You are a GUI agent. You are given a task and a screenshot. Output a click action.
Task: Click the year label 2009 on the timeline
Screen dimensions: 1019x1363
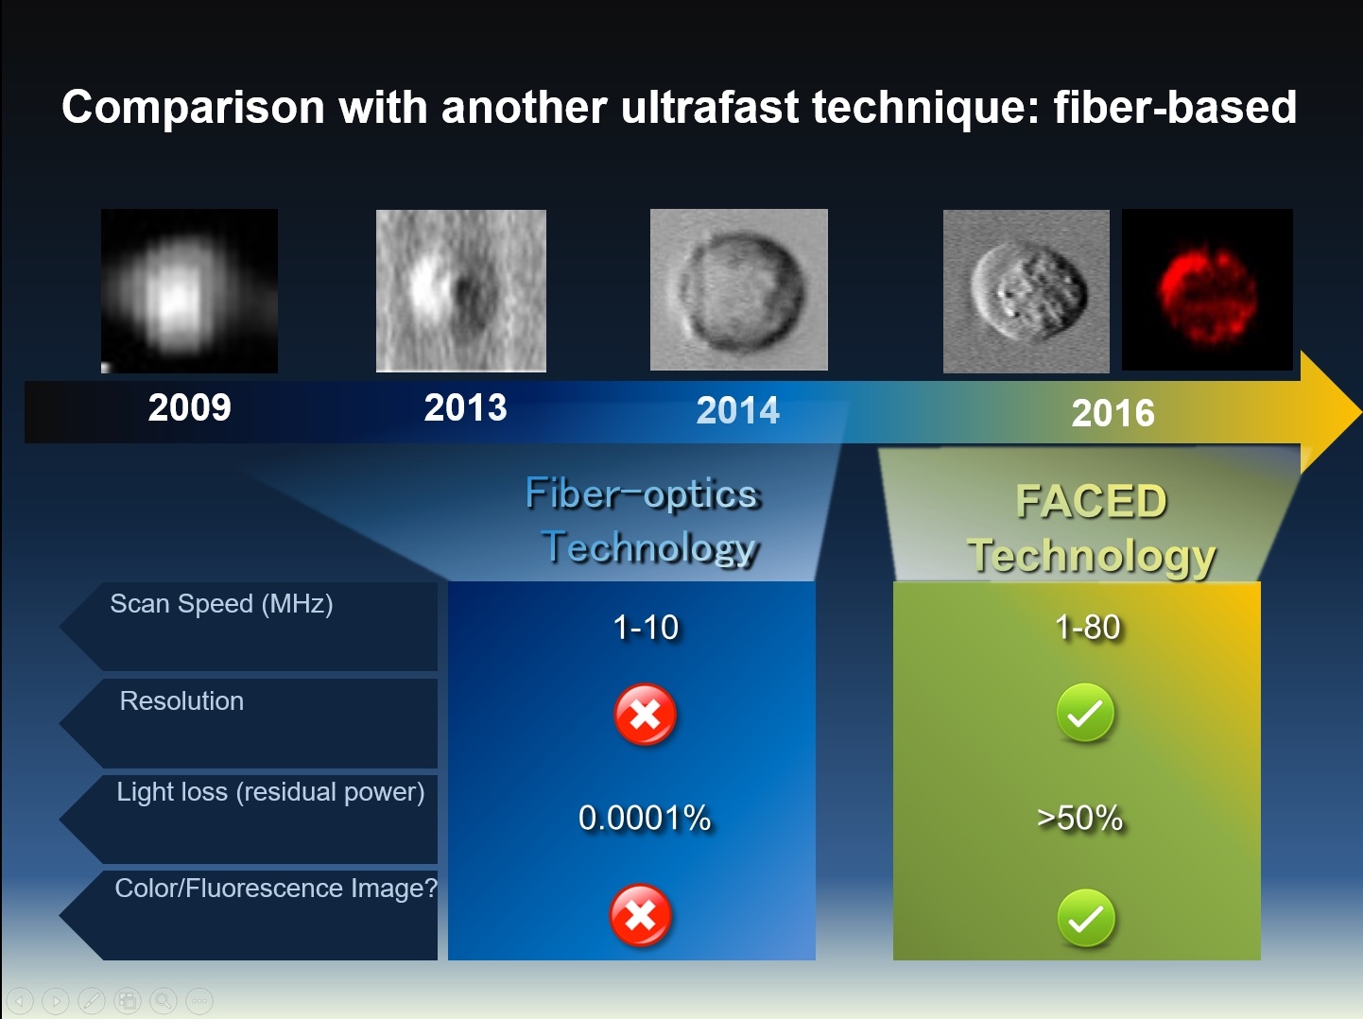click(x=189, y=407)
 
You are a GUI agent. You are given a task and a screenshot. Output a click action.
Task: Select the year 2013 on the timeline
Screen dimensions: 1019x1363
click(x=465, y=407)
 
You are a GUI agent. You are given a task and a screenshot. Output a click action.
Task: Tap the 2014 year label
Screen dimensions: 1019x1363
click(x=737, y=410)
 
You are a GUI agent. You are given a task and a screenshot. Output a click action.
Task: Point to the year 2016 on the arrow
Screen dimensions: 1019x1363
click(x=1113, y=413)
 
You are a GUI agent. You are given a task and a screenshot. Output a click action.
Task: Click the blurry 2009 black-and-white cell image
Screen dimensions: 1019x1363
click(x=189, y=291)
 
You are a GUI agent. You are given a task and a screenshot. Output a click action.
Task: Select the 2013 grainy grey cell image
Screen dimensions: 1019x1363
click(x=461, y=290)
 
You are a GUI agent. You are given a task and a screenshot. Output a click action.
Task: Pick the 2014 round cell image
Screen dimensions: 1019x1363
click(x=738, y=289)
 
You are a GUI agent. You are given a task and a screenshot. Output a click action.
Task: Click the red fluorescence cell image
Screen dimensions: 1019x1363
click(x=1207, y=290)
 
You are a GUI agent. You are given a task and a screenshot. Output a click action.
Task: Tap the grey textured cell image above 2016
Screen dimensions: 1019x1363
click(x=1027, y=291)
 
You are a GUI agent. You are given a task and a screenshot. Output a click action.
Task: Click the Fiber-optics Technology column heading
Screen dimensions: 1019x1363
click(x=643, y=520)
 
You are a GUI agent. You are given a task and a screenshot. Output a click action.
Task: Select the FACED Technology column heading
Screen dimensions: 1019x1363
click(x=1091, y=527)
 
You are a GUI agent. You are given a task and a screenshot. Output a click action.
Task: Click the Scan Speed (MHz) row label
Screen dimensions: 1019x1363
click(x=221, y=604)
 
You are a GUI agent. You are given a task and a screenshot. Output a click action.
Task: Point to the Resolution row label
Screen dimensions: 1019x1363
click(x=181, y=701)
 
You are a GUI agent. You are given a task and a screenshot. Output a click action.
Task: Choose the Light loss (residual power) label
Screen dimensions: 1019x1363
click(x=270, y=792)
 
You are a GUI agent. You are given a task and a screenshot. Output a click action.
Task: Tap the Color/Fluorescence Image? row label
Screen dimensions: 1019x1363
click(x=275, y=889)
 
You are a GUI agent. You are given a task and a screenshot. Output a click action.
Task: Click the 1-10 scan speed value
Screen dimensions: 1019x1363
click(x=646, y=628)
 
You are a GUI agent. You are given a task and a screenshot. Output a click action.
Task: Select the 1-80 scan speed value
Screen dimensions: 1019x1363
click(x=1087, y=628)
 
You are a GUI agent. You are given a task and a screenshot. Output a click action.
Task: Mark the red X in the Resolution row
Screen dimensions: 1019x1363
click(x=645, y=715)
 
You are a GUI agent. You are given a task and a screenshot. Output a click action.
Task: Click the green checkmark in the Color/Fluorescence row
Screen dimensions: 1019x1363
click(x=1085, y=918)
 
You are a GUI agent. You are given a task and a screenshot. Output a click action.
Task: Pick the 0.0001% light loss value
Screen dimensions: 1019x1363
click(x=645, y=818)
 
